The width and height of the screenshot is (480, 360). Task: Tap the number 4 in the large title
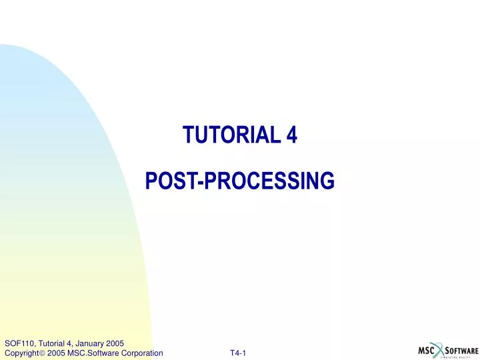pos(291,135)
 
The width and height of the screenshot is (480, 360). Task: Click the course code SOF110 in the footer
pos(17,343)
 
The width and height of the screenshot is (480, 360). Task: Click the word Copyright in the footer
pos(20,353)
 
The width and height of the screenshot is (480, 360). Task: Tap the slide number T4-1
pos(238,353)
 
